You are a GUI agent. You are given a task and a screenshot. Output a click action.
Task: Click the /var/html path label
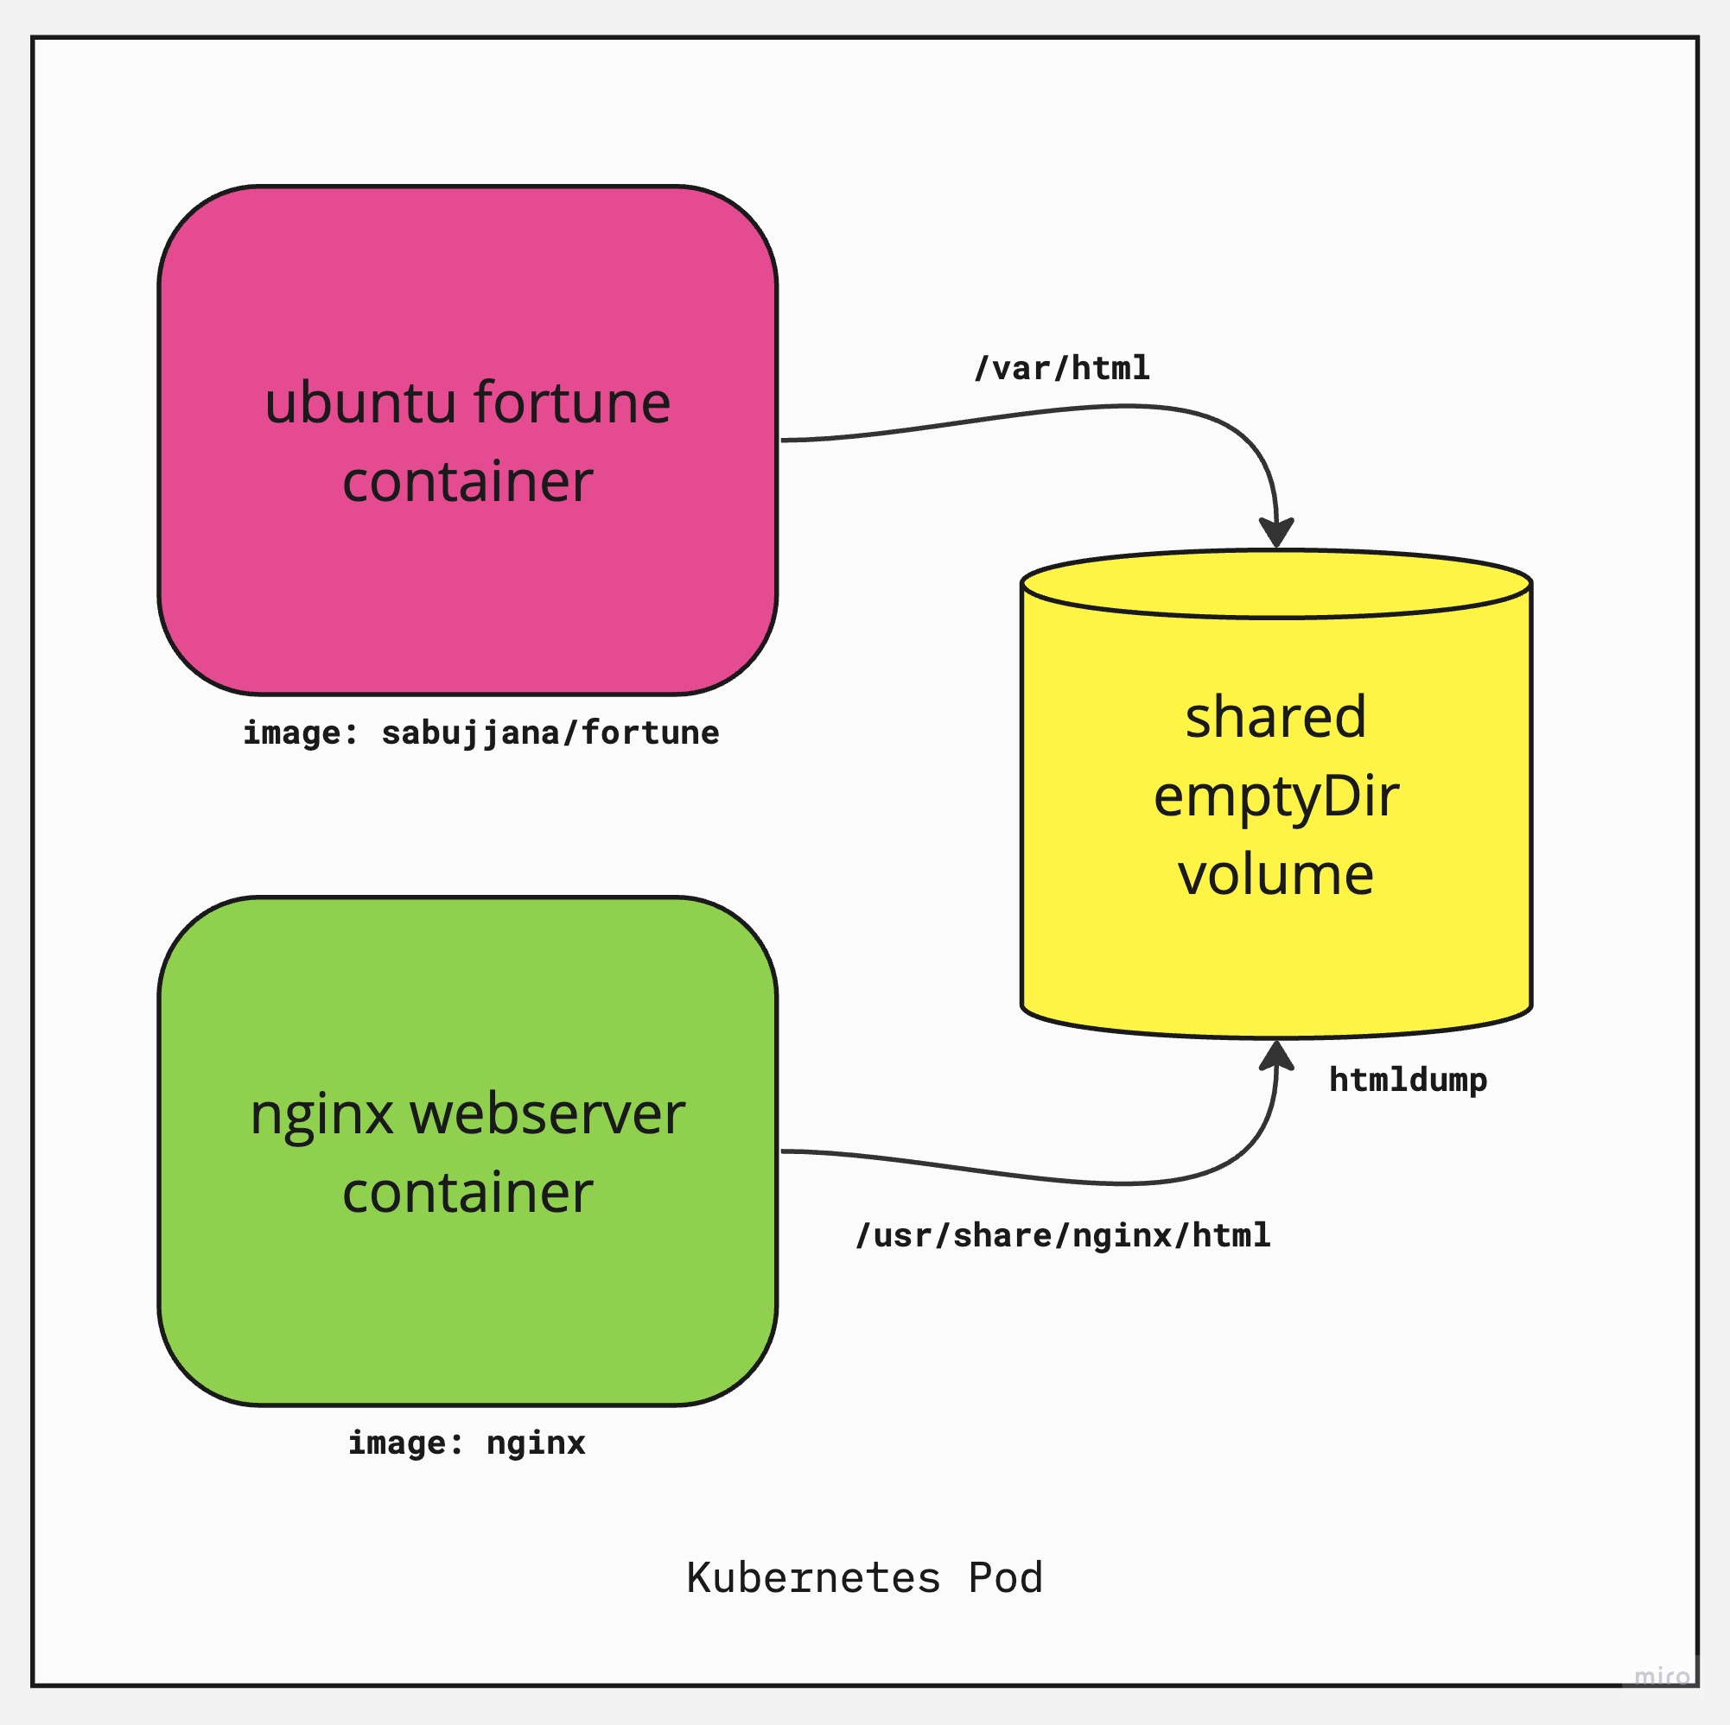(x=1062, y=368)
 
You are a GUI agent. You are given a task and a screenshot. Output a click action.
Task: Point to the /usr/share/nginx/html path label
(x=1063, y=1235)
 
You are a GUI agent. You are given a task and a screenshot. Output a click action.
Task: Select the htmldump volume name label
(x=1408, y=1080)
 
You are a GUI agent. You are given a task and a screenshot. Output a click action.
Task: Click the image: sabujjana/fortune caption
(x=480, y=732)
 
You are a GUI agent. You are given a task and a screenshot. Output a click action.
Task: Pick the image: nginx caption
(x=467, y=1443)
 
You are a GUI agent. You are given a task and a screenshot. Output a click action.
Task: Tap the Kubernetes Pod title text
(x=864, y=1577)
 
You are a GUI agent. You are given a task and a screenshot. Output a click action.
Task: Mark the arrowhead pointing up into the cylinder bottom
(x=1276, y=1056)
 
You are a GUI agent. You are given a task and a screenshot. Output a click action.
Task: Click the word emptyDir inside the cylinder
(x=1276, y=796)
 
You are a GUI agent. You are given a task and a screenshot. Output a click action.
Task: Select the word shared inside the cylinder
(x=1276, y=717)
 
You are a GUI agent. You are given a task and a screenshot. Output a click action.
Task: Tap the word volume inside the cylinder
(x=1276, y=874)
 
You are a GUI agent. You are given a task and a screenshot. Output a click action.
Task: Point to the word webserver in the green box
(x=547, y=1113)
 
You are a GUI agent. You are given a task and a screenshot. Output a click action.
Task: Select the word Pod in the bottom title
(x=1006, y=1577)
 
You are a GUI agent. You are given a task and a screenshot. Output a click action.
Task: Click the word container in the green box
(x=467, y=1192)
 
